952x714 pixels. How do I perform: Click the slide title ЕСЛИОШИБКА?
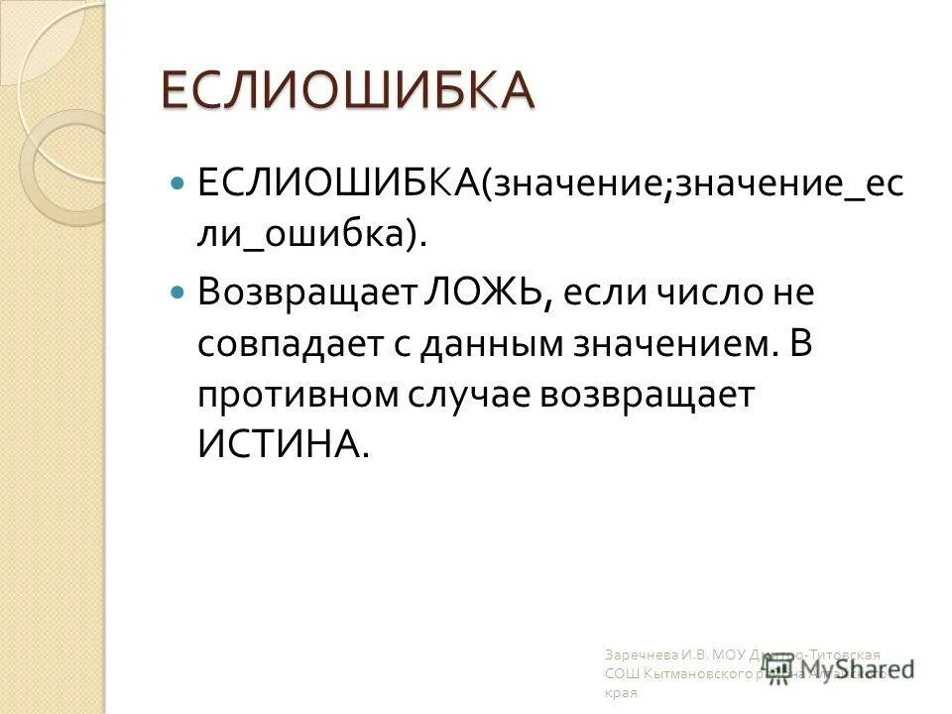[x=347, y=91]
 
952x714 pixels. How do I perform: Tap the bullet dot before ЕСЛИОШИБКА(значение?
[x=178, y=184]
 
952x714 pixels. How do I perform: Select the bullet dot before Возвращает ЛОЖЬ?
[x=178, y=295]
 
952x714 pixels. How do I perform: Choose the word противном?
[x=295, y=394]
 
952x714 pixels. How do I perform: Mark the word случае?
[x=470, y=394]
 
